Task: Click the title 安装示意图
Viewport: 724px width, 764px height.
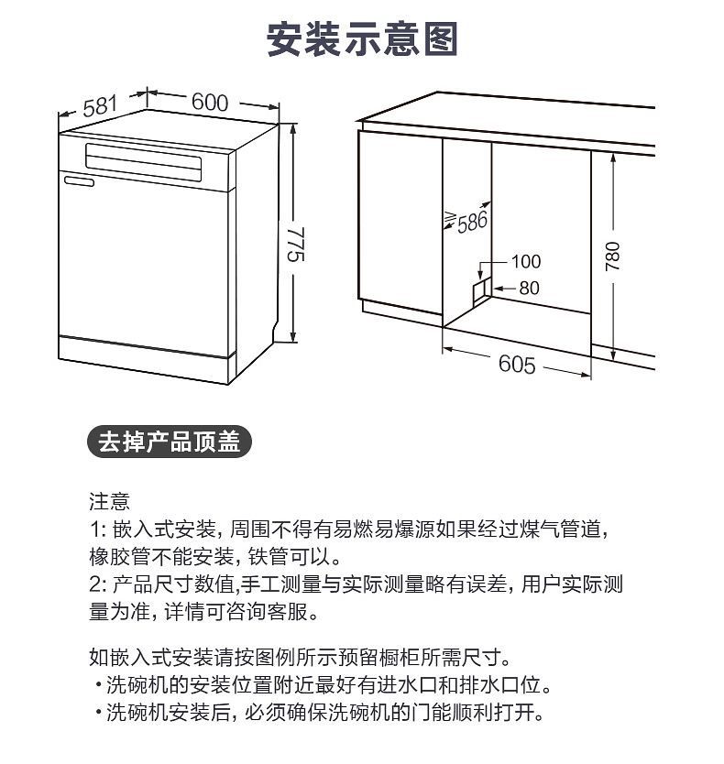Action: tap(362, 39)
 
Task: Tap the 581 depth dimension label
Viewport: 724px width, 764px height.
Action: tap(100, 106)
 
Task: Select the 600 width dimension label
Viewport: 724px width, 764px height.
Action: tap(210, 103)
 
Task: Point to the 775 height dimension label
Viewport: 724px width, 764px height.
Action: tap(295, 244)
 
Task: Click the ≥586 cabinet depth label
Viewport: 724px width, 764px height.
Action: tap(466, 221)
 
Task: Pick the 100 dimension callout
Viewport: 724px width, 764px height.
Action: tap(525, 262)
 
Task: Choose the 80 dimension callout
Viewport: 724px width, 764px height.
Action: tap(529, 288)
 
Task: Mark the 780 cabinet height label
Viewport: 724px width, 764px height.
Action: tap(612, 256)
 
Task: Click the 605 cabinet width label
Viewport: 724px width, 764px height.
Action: tap(517, 364)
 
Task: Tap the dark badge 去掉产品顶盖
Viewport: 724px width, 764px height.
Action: tap(170, 442)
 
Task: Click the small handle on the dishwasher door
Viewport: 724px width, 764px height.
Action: tap(79, 181)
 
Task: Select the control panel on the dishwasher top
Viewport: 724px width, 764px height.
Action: tap(143, 162)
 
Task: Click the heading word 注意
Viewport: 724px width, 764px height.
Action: tap(109, 501)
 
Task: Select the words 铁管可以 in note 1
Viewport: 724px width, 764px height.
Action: tap(289, 557)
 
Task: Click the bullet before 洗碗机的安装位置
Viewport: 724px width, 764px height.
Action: tap(98, 685)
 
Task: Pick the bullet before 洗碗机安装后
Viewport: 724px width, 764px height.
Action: tap(98, 713)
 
